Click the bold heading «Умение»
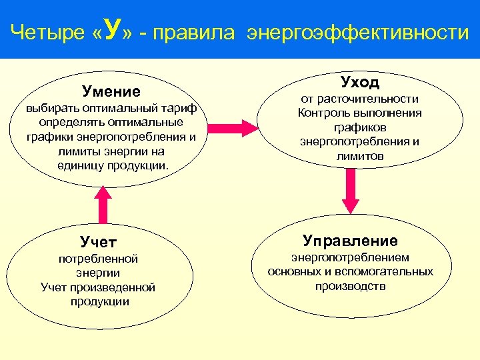click(x=111, y=91)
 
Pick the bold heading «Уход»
click(x=360, y=82)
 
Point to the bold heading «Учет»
click(x=99, y=240)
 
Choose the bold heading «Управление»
click(x=350, y=240)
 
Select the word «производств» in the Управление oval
click(x=350, y=286)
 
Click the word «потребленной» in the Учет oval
click(x=98, y=258)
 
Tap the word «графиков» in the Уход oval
click(x=360, y=127)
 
